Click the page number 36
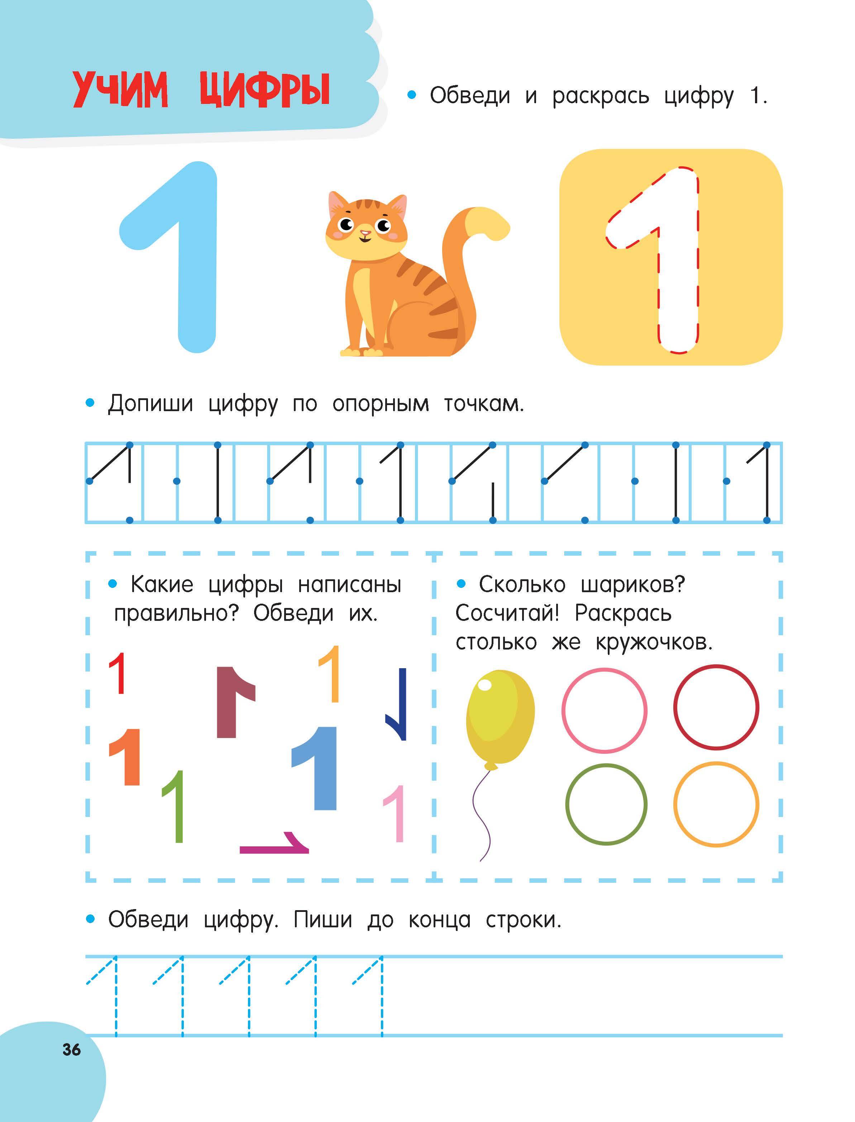(71, 1049)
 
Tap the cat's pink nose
(365, 233)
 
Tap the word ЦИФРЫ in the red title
(265, 90)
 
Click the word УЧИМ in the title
(120, 90)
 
